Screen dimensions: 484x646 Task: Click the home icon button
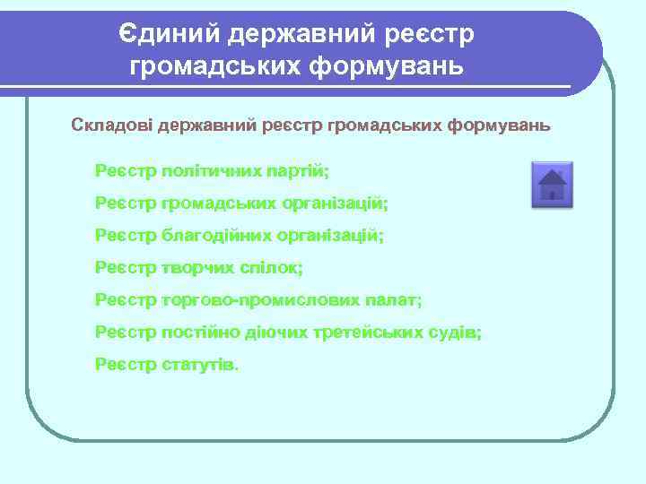pyautogui.click(x=552, y=186)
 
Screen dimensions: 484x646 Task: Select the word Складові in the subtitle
pyautogui.click(x=112, y=125)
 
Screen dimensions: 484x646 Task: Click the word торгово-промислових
pyautogui.click(x=261, y=300)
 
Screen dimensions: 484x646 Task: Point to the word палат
pyautogui.click(x=394, y=300)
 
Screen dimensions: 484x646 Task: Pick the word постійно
pyautogui.click(x=200, y=333)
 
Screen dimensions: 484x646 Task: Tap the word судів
pyautogui.click(x=458, y=333)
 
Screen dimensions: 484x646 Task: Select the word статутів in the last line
pyautogui.click(x=201, y=365)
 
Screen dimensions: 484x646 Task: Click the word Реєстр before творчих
pyautogui.click(x=125, y=267)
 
